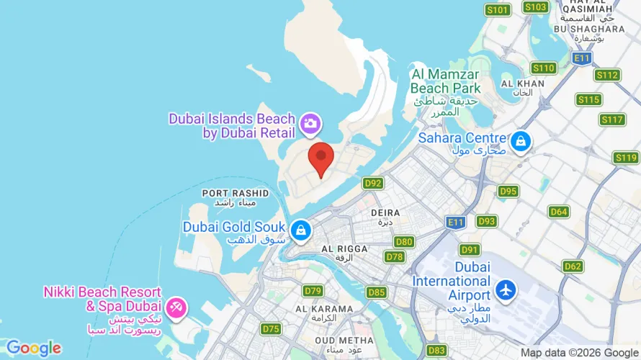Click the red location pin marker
[320, 158]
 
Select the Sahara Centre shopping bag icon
[519, 142]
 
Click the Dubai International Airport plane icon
[506, 290]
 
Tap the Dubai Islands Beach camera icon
[310, 123]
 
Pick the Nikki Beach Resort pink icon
[175, 308]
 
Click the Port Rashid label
[236, 197]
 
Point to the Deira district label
[380, 217]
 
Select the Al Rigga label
[344, 253]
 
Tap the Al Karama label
[324, 313]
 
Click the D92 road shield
[373, 183]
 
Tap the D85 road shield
[376, 292]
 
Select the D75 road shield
[271, 329]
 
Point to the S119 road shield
[626, 157]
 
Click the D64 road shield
[558, 212]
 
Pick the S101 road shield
[498, 10]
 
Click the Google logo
[33, 348]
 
